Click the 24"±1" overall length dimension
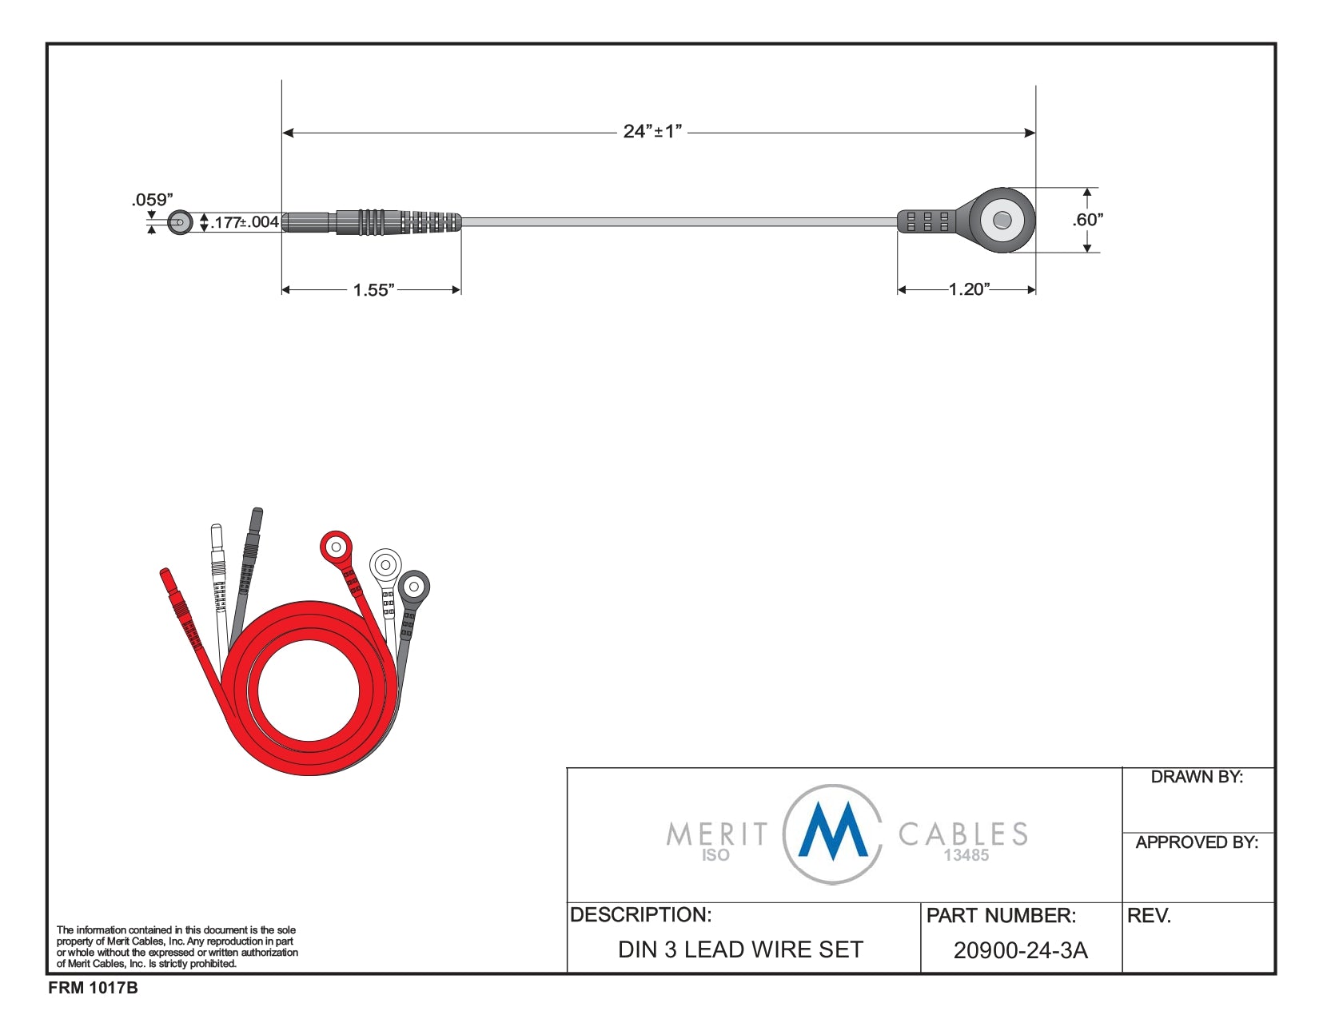coord(652,131)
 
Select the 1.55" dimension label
coord(374,290)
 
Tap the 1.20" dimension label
coord(970,289)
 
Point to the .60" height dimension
coord(1087,219)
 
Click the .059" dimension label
coord(153,200)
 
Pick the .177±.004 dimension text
coord(245,222)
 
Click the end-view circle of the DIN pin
coord(180,223)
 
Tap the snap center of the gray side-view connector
coord(1002,220)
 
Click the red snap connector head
coord(336,547)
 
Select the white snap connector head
coord(385,566)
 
